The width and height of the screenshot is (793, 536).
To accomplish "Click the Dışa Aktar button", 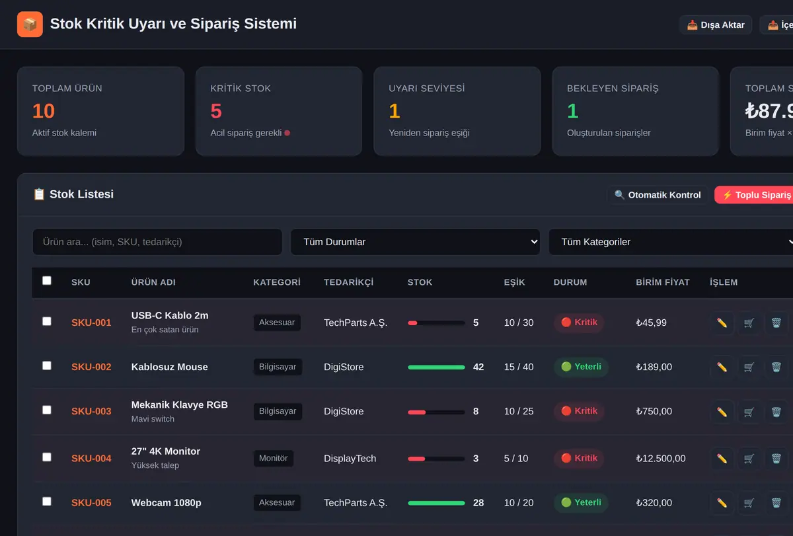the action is coord(716,24).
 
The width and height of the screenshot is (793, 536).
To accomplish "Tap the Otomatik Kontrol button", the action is coord(658,195).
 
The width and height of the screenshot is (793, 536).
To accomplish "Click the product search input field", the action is coord(157,242).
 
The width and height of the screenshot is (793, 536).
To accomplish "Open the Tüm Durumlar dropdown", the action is coord(415,242).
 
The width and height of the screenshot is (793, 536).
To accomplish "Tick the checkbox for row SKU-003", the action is coord(47,410).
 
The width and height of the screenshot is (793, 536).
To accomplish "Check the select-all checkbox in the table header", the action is coord(47,281).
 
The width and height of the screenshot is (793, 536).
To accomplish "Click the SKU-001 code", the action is coord(91,323).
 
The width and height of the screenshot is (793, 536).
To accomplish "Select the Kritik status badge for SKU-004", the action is coord(579,458).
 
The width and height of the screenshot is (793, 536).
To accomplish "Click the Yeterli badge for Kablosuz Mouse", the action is coord(581,366).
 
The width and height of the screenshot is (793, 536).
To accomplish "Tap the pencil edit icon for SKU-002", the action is coord(722,367).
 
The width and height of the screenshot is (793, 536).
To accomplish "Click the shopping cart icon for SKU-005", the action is coord(749,503).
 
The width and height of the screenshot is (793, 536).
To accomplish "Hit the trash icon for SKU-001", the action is coord(776,323).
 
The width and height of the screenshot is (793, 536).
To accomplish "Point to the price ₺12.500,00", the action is coord(661,459).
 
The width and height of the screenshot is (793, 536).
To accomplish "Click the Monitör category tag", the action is coord(274,458).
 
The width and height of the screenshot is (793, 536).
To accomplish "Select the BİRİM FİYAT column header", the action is coord(663,282).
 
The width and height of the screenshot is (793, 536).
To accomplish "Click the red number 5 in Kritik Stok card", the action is coord(216,111).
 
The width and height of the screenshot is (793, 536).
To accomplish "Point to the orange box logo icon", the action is coord(30,24).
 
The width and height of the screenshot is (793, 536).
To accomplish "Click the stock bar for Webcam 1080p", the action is coord(436,503).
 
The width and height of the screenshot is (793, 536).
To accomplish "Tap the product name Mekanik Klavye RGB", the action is coord(180,404).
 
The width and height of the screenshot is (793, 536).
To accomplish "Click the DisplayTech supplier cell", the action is coord(350,459).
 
